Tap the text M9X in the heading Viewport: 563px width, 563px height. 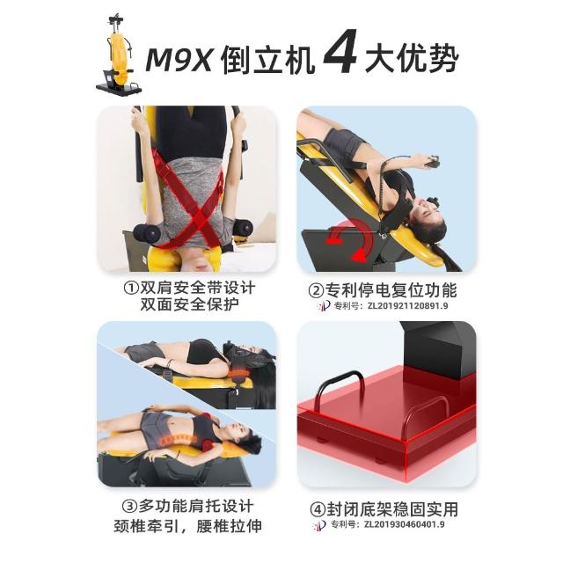179,59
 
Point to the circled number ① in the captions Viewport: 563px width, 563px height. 131,288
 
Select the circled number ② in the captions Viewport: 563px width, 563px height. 316,290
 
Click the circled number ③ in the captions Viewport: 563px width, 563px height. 129,507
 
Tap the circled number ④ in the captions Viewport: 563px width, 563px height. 318,509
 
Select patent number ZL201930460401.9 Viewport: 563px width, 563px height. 405,524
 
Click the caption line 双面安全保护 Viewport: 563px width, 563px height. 189,304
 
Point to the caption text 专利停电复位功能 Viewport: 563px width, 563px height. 391,290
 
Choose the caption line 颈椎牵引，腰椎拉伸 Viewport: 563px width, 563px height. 187,526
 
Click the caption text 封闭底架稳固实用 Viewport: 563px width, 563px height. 392,509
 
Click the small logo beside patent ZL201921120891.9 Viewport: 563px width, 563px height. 325,306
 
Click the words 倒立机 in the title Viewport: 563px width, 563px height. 267,59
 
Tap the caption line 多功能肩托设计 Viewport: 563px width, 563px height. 196,507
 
